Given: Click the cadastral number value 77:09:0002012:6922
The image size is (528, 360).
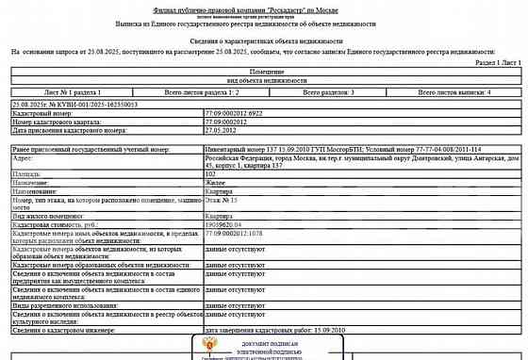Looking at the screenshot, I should [229, 111].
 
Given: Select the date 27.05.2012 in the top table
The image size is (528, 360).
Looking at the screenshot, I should [220, 129].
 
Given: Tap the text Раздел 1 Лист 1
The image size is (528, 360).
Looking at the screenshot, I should [492, 60].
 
